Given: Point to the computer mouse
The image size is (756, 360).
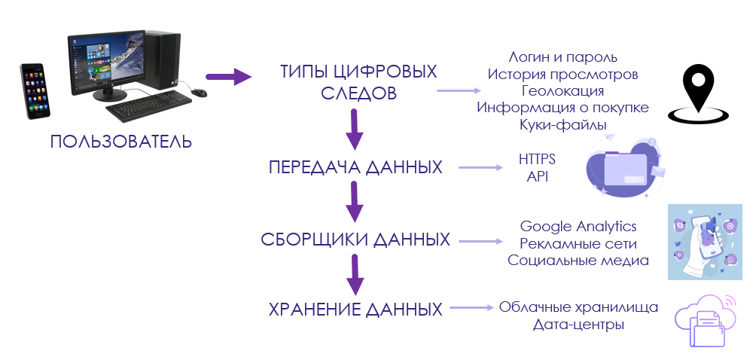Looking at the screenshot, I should tap(199, 93).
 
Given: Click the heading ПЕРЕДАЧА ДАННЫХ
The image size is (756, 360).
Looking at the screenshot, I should tap(355, 167).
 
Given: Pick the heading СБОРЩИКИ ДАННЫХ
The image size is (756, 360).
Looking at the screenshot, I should tap(355, 240).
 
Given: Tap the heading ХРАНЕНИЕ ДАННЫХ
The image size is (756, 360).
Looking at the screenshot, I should tap(355, 309).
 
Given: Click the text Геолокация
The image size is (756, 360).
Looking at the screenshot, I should tap(562, 91).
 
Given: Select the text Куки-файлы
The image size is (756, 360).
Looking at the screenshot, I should tap(562, 124).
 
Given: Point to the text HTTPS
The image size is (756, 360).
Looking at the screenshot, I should tap(538, 160).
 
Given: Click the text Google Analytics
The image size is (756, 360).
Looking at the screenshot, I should tap(578, 227).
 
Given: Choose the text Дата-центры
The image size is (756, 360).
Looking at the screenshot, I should tap(578, 325).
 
